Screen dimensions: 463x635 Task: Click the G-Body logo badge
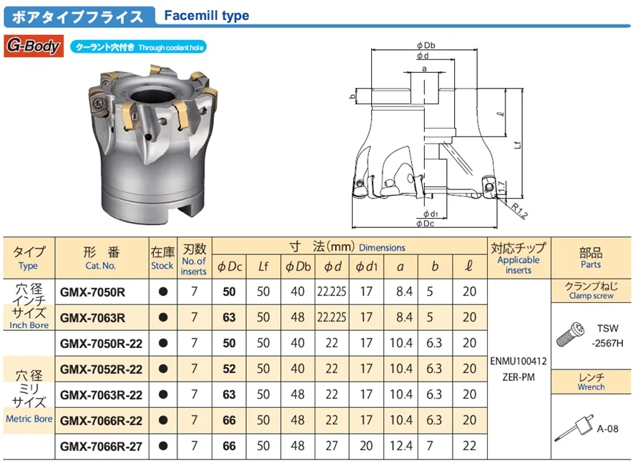35,47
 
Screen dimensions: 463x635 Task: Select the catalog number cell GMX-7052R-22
101,369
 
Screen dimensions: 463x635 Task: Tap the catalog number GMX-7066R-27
101,446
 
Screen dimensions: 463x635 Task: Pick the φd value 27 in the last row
331,446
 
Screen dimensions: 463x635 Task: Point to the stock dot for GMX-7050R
162,292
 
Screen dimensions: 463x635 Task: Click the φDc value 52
229,369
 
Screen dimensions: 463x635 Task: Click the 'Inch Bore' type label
29,325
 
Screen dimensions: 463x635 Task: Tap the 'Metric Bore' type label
29,419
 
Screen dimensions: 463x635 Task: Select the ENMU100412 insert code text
518,362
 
